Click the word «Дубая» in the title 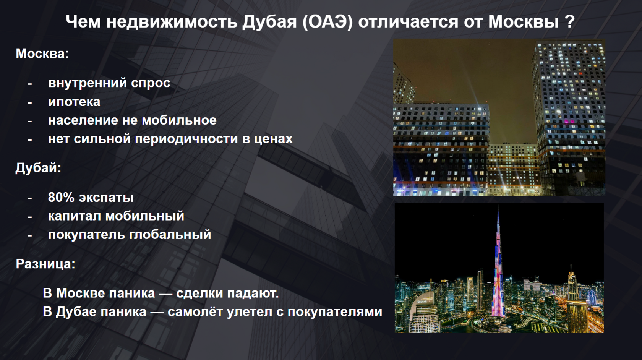point(269,22)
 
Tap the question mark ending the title point(571,21)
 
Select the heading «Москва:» point(42,54)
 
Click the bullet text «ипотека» point(74,102)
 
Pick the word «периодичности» point(186,139)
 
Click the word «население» point(83,120)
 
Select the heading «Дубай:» point(38,168)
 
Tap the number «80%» point(61,197)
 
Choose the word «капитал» point(75,216)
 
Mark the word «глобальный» point(170,235)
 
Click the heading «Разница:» point(45,264)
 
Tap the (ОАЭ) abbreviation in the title point(327,22)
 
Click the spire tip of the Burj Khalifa point(498,205)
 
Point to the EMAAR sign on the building point(422,302)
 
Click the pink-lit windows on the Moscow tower point(569,122)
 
